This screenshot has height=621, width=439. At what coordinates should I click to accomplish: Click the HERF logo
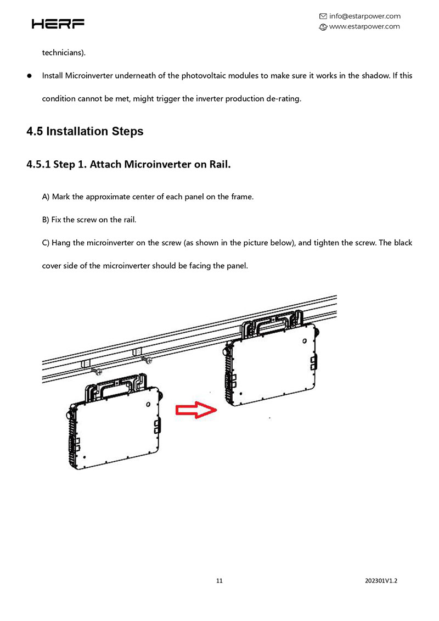coord(58,24)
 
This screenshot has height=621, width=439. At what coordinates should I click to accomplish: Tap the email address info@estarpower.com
coord(364,16)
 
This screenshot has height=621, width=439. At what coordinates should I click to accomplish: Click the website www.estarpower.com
coord(364,26)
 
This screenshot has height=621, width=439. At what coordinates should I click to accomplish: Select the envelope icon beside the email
coord(323,16)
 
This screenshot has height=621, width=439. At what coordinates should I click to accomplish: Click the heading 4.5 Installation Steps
coord(85,131)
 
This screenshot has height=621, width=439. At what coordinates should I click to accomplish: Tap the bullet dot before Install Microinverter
coord(30,76)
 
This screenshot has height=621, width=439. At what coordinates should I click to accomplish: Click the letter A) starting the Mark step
coord(46,197)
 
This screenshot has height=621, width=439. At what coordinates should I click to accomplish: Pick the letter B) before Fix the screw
coord(46,220)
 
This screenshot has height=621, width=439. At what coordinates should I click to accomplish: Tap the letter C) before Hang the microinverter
coord(46,242)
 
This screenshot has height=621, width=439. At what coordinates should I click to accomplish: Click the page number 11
coord(219,580)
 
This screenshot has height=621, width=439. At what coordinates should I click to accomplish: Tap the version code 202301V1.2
coord(380,580)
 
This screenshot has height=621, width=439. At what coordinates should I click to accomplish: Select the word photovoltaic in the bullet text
coord(192,76)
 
